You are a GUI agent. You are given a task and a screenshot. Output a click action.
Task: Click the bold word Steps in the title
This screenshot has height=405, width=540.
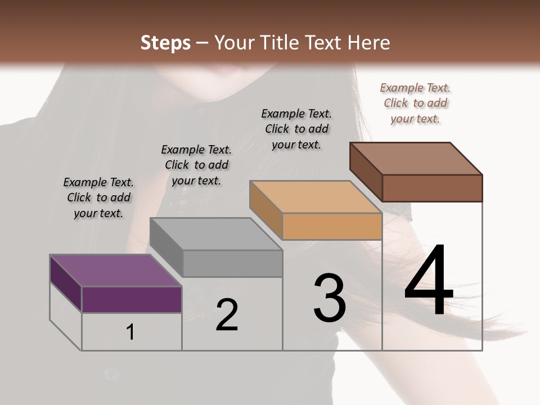[165, 43]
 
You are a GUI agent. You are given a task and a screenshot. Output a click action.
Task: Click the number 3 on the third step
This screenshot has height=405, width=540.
[329, 298]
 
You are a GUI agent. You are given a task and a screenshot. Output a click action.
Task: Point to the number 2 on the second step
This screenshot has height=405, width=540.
[227, 315]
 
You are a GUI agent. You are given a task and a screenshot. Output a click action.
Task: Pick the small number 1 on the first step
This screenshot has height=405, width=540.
[130, 332]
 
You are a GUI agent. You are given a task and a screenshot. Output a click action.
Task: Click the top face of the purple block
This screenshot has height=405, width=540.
[115, 271]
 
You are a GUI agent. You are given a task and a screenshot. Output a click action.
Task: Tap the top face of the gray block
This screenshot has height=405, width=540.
[216, 234]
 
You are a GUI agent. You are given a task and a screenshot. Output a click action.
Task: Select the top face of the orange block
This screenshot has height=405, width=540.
[316, 197]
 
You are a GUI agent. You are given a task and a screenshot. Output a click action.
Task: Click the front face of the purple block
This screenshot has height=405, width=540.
[132, 299]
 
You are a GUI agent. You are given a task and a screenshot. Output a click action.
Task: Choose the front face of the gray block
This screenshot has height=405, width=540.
[232, 263]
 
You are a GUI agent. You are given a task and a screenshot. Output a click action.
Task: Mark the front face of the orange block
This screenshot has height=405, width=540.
[332, 226]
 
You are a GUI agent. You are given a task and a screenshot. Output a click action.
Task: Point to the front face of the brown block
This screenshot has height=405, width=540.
[432, 188]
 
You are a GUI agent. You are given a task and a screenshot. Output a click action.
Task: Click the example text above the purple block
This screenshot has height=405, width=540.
[98, 197]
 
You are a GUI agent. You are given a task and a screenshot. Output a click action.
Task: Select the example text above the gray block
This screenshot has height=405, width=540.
[196, 165]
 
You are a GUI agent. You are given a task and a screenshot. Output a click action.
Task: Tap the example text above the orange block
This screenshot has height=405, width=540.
[296, 129]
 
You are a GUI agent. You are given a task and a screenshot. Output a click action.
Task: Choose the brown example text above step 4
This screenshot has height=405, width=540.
[415, 103]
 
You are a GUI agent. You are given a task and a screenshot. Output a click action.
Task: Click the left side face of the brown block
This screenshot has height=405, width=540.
[366, 171]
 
